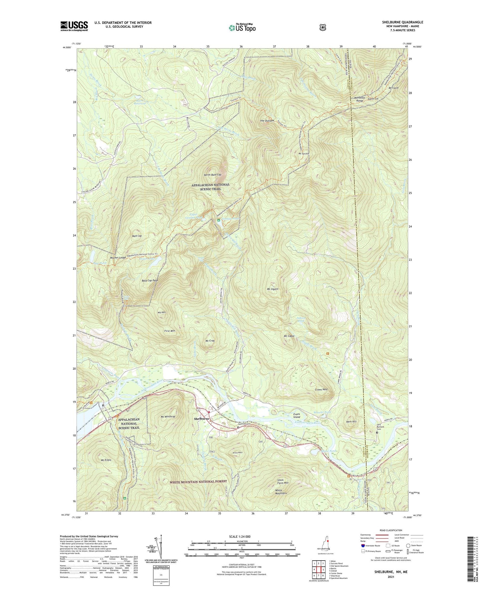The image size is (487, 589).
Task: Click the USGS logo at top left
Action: pyautogui.click(x=74, y=26)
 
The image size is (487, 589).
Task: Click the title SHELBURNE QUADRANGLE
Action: pyautogui.click(x=402, y=22)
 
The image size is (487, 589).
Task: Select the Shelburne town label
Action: pyautogui.click(x=202, y=419)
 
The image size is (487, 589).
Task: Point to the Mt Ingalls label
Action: pyautogui.click(x=272, y=289)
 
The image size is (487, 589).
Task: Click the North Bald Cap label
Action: pyautogui.click(x=212, y=175)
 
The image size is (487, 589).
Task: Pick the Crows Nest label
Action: pyautogui.click(x=321, y=389)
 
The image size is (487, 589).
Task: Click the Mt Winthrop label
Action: pyautogui.click(x=168, y=417)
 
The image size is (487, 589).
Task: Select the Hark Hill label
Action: pyautogui.click(x=351, y=422)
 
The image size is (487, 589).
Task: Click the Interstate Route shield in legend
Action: pyautogui.click(x=363, y=545)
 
